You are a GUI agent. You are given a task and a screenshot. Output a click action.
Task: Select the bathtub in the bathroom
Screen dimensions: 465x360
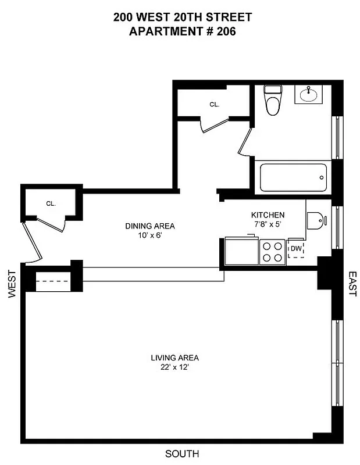[x=293, y=177]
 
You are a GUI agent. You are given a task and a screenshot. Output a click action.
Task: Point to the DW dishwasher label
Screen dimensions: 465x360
[x=295, y=249]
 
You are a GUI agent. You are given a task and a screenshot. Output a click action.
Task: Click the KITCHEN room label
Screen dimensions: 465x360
[x=268, y=214]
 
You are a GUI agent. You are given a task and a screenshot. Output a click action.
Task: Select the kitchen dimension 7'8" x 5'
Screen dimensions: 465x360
[x=268, y=224]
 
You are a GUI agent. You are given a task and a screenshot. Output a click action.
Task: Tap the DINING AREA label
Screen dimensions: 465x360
[x=150, y=226]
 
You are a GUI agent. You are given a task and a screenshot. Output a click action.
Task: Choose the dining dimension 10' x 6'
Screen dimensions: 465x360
[x=150, y=235]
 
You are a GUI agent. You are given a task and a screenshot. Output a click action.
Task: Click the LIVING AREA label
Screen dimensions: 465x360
[x=175, y=357]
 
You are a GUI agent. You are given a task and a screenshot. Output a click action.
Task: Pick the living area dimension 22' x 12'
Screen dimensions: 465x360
[x=175, y=367]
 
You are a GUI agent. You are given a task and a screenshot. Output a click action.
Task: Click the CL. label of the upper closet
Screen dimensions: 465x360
[x=214, y=105]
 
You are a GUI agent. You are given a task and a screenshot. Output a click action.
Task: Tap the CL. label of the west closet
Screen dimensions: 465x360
[x=51, y=203]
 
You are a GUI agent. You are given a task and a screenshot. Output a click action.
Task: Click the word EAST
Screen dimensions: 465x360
[x=351, y=283]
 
